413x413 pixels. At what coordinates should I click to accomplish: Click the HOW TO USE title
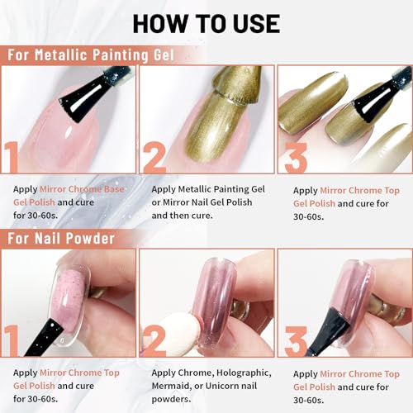[x=206, y=22]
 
